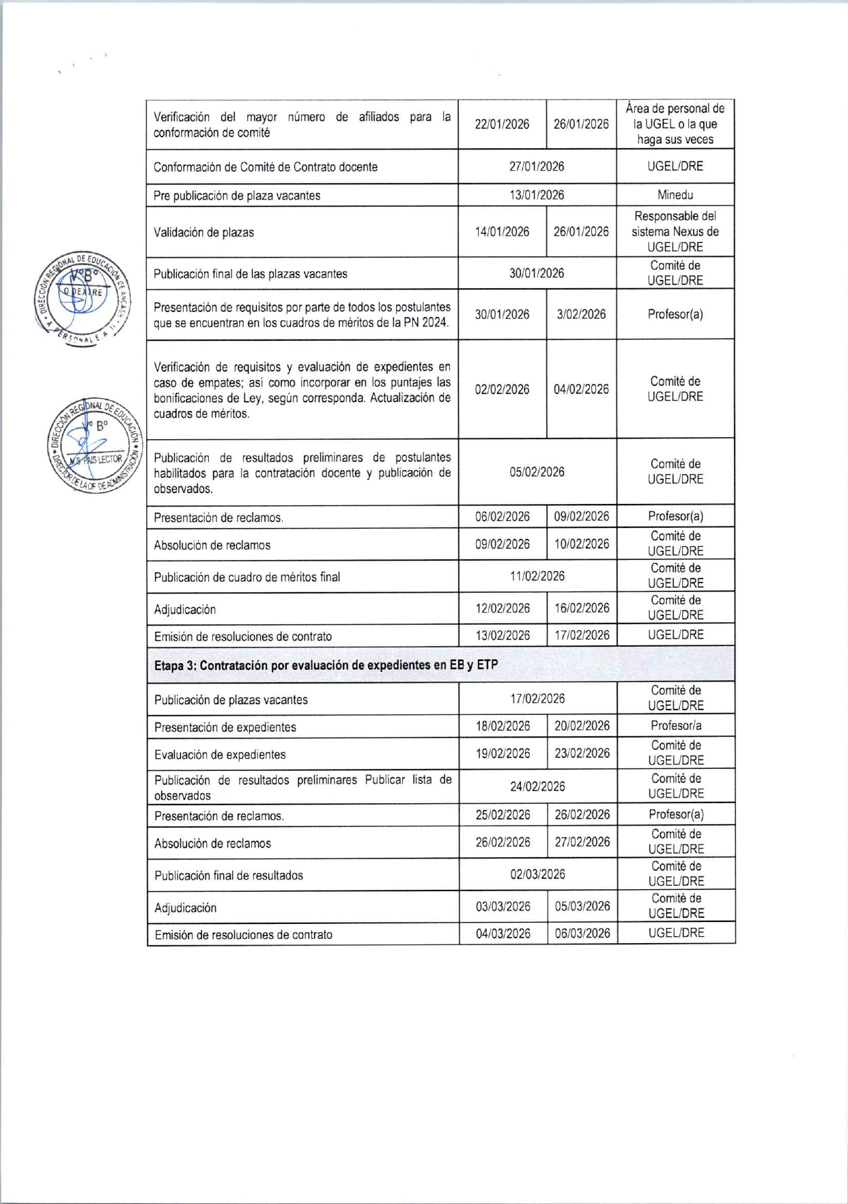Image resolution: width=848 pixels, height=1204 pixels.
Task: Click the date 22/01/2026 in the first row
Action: [x=502, y=124]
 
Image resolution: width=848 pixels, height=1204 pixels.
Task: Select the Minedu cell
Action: [x=675, y=195]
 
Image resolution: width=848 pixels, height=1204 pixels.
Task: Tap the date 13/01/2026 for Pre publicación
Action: [x=537, y=195]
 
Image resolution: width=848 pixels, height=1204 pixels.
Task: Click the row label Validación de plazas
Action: [x=203, y=232]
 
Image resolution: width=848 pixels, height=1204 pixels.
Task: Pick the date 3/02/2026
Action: [x=581, y=314]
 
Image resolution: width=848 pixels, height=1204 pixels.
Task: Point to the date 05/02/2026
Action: [x=537, y=473]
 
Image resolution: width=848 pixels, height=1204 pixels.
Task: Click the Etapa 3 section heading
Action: [x=326, y=665]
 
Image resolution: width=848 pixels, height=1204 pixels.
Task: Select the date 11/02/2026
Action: [x=537, y=576]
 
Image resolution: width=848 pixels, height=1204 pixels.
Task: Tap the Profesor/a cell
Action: [x=675, y=726]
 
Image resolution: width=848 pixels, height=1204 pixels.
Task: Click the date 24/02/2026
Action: [x=537, y=787]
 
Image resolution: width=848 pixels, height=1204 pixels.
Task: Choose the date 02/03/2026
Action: [x=537, y=875]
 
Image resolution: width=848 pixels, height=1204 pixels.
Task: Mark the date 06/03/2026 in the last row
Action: [x=582, y=934]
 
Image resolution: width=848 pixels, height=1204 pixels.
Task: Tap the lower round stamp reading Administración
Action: [x=96, y=446]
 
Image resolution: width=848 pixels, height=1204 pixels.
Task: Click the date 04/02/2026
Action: [x=581, y=389]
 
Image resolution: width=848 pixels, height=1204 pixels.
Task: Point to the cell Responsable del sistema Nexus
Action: [x=675, y=232]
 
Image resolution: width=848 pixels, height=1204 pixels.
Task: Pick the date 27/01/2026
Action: [x=537, y=167]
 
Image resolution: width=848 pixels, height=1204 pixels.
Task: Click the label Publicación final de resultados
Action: [x=229, y=876]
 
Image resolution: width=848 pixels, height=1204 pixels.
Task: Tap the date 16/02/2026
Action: [x=582, y=608]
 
